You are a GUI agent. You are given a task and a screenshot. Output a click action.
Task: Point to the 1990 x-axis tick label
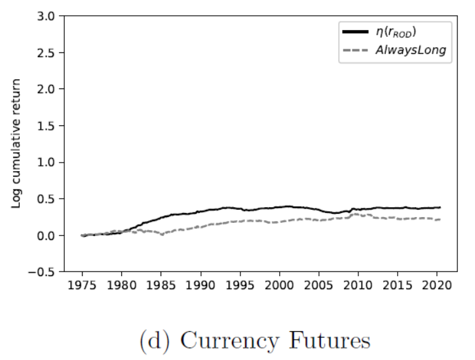pos(200,287)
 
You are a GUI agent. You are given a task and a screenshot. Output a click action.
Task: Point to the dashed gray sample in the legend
pos(354,50)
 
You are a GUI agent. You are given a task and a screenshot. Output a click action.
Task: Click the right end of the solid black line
pos(440,207)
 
